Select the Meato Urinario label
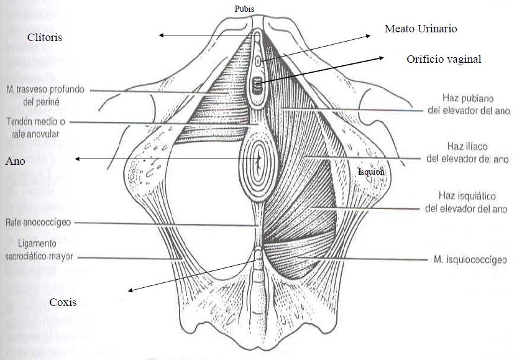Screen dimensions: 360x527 [421, 29]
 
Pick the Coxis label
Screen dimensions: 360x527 [64, 302]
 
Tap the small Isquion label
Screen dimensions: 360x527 [372, 172]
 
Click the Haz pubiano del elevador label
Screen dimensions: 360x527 [467, 104]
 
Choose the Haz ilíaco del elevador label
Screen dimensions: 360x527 [468, 153]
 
